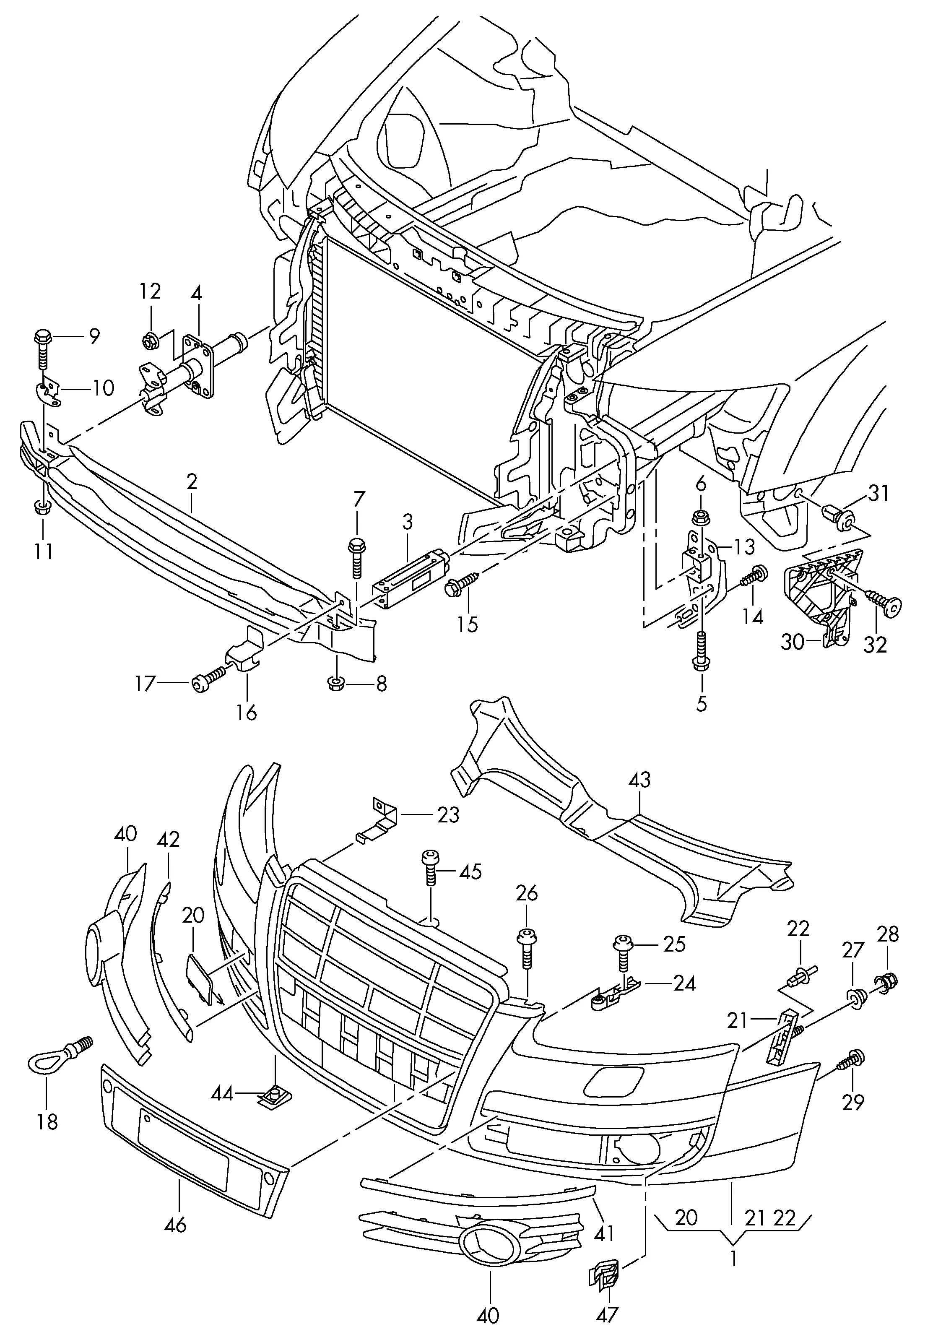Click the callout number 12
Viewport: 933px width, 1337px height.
pyautogui.click(x=150, y=291)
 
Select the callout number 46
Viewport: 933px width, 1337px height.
pyautogui.click(x=175, y=1225)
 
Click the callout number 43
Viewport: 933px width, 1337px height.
pyautogui.click(x=639, y=780)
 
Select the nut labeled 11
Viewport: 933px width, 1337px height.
pyautogui.click(x=42, y=508)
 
